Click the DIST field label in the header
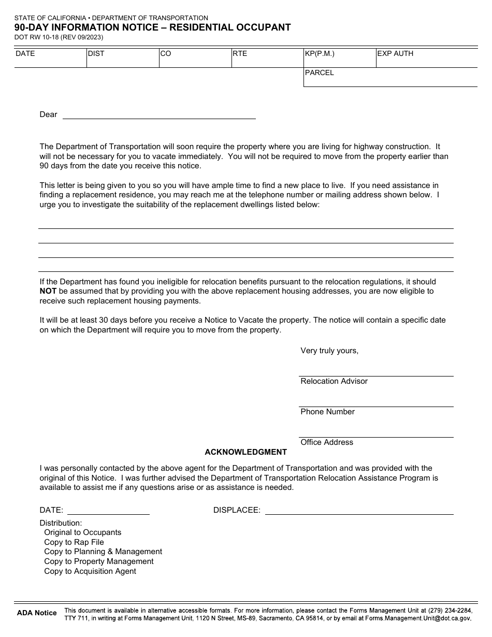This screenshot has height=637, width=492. pos(96,53)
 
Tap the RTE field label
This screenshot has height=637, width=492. pos(240,53)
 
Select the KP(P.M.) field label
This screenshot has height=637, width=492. pos(320,53)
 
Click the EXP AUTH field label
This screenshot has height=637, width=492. pos(395,53)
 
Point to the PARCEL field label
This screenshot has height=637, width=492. pos(320,73)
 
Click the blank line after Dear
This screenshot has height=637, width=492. pos(159,115)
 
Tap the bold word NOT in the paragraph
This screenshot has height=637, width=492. pos(48,291)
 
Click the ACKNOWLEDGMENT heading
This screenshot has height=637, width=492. pos(245,452)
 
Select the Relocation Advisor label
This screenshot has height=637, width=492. pos(334,381)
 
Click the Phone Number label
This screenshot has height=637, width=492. pos(327,412)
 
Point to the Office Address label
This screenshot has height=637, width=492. pos(327,442)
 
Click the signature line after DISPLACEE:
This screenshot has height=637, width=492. pos(359,511)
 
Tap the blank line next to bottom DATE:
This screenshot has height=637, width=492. pos(108,511)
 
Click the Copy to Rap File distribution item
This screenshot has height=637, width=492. pos(74,542)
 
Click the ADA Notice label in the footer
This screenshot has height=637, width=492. pos(37,613)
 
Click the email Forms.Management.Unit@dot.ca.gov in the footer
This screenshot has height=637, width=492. pos(418,618)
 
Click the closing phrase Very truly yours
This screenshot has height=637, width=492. pos(329,351)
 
